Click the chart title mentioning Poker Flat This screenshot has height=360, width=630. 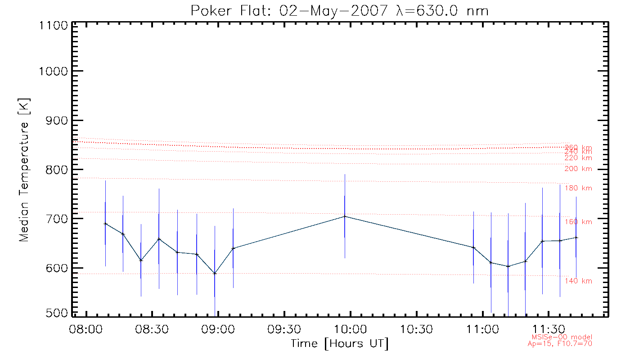click(340, 10)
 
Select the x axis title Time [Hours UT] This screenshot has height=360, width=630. click(340, 344)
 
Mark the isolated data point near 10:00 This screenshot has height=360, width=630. click(345, 216)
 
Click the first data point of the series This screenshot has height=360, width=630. click(105, 224)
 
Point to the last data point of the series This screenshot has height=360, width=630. click(576, 237)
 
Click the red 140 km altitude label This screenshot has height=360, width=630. click(579, 281)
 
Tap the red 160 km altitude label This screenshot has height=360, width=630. click(579, 222)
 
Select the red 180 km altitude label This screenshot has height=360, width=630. click(579, 188)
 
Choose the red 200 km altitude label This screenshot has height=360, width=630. click(579, 169)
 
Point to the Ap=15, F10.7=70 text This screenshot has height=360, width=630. click(560, 343)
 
